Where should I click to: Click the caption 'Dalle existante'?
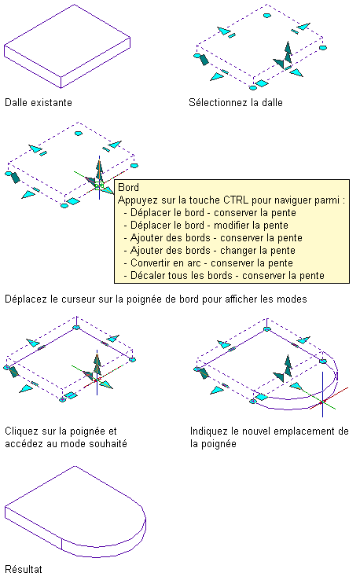[38, 102]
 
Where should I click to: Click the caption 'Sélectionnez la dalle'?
[235, 102]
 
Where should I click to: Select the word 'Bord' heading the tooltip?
[128, 188]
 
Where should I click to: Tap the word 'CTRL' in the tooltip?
[236, 200]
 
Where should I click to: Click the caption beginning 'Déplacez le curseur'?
[156, 299]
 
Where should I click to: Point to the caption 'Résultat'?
[24, 569]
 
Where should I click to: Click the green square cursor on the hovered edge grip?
[99, 185]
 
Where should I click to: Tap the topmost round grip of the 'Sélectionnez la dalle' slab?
[266, 16]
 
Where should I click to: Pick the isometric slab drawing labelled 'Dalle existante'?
[67, 46]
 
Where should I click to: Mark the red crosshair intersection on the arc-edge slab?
[322, 402]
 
